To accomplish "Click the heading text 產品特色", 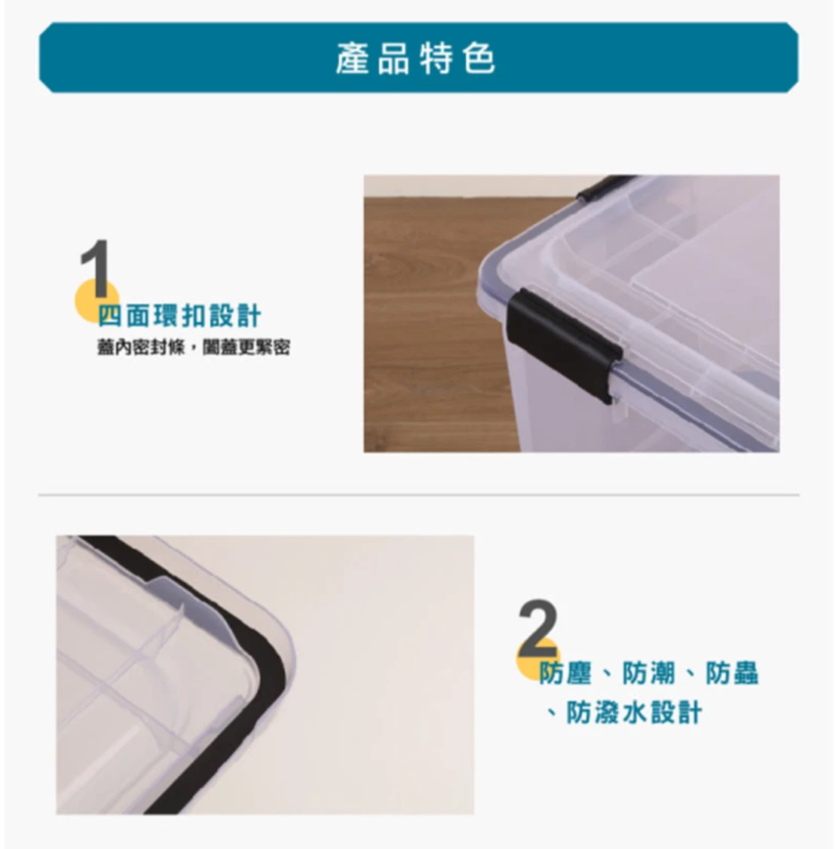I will point(415,59).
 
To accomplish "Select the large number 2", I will point(537,628).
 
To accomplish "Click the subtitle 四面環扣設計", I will point(179,316).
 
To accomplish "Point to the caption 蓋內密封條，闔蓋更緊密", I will point(193,348).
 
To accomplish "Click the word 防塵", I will point(565,673).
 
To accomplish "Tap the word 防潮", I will point(648,673).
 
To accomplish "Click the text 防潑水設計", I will point(634,713).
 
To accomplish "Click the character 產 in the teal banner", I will point(352,59).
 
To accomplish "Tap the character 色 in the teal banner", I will point(479,59).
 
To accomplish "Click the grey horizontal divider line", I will point(418,495).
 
